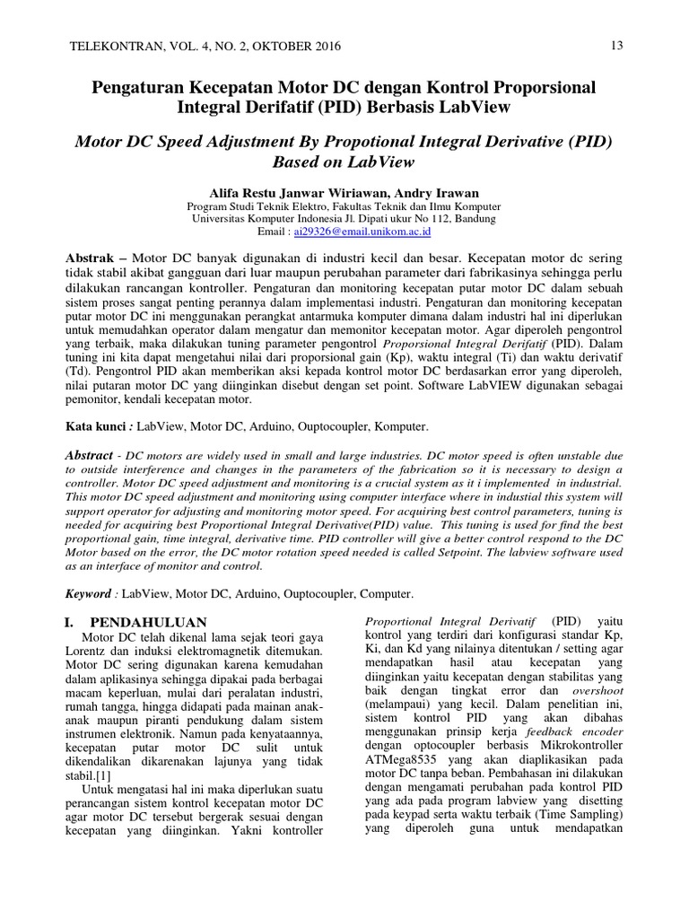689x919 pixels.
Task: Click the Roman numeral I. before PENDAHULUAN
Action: (74, 622)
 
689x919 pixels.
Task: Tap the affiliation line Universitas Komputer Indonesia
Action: (344, 218)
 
